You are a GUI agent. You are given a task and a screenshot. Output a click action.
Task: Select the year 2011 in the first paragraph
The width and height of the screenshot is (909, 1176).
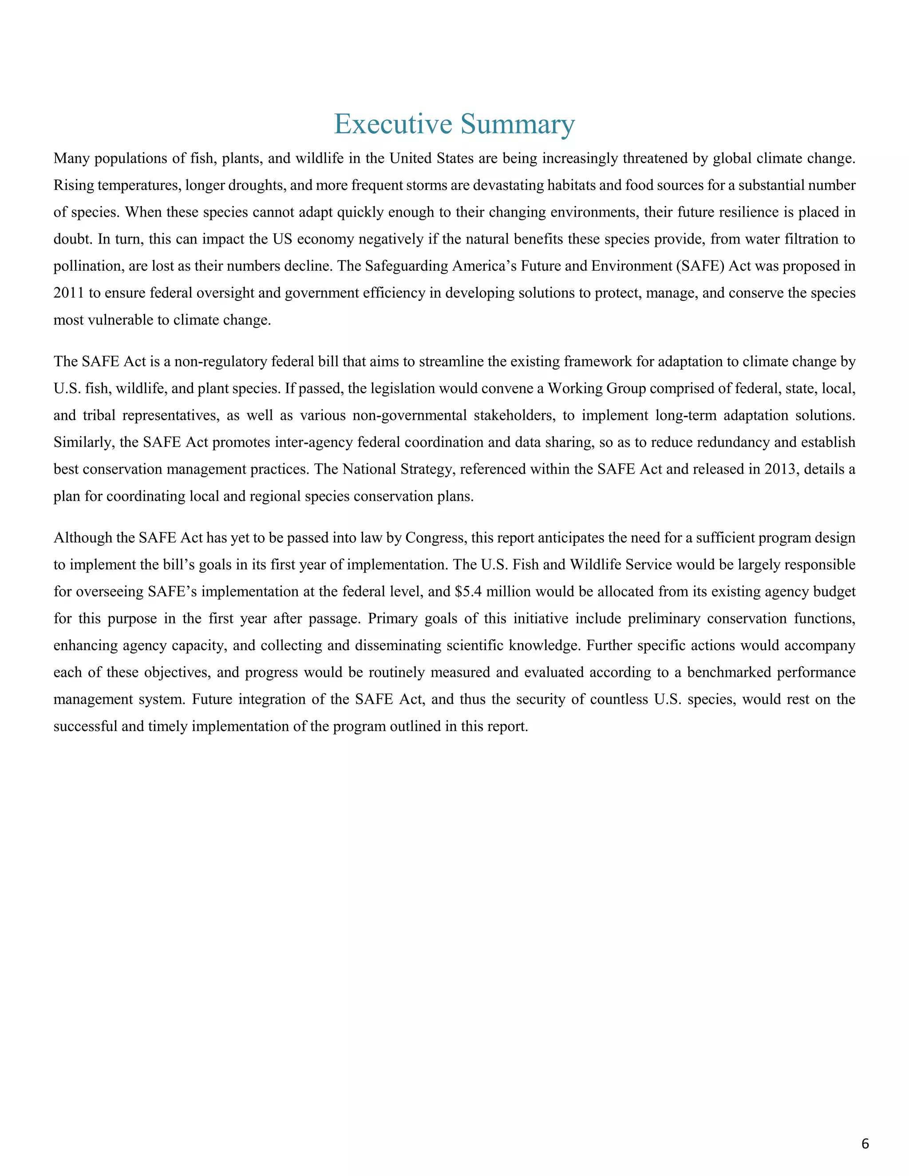[68, 293]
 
